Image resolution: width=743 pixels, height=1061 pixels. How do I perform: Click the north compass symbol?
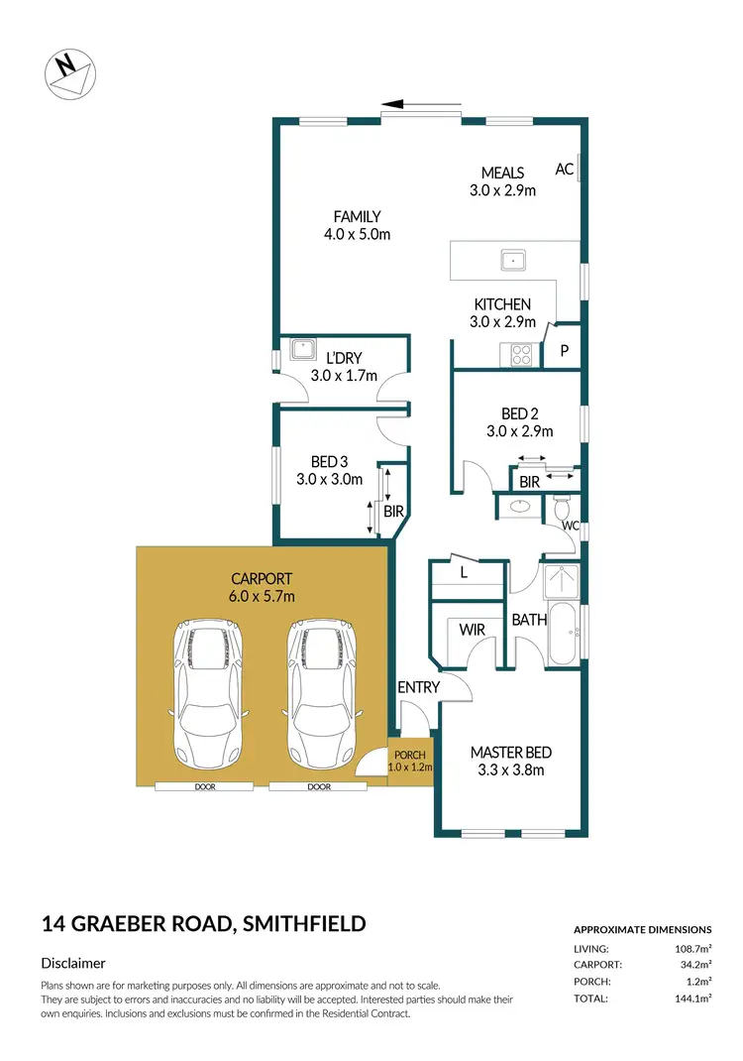click(x=69, y=72)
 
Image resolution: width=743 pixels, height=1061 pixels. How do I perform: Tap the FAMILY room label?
click(x=357, y=216)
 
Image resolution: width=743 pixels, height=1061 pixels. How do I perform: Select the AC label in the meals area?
click(x=564, y=170)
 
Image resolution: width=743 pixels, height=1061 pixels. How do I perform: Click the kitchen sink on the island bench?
click(x=514, y=261)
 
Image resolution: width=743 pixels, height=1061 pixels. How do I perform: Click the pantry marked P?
click(x=565, y=351)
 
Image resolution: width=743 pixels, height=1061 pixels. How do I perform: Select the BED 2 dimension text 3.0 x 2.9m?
click(x=519, y=431)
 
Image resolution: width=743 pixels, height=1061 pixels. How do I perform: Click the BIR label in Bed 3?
click(x=393, y=513)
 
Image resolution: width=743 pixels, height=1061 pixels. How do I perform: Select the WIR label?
click(x=472, y=628)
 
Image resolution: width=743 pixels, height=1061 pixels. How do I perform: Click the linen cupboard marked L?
click(x=465, y=573)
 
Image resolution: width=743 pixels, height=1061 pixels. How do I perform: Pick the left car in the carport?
click(x=207, y=691)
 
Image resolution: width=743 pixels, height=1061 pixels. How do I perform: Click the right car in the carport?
click(x=321, y=691)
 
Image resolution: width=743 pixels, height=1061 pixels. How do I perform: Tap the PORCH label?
click(x=409, y=755)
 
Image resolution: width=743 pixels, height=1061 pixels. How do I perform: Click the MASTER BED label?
click(x=510, y=753)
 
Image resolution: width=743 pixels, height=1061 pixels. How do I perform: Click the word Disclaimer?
click(x=73, y=963)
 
